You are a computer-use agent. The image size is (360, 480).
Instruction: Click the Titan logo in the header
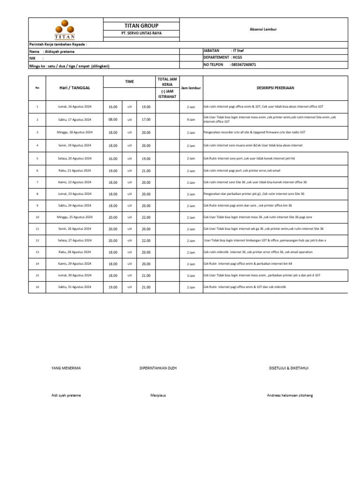pyautogui.click(x=65, y=29)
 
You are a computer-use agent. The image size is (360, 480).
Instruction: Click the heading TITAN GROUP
pyautogui.click(x=141, y=25)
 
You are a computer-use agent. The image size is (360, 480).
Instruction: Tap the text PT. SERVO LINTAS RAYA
pyautogui.click(x=141, y=34)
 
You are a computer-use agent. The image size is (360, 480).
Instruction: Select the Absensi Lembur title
pyautogui.click(x=263, y=29)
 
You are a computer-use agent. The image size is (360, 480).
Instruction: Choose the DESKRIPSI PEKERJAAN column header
pyautogui.click(x=275, y=88)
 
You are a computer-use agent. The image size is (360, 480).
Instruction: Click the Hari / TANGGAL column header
pyautogui.click(x=75, y=88)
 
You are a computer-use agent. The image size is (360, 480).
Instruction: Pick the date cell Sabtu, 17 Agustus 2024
pyautogui.click(x=75, y=119)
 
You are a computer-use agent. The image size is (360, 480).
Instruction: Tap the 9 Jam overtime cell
pyautogui.click(x=191, y=120)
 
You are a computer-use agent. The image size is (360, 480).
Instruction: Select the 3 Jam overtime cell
pyautogui.click(x=191, y=276)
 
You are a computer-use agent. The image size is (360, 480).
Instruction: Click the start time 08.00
pyautogui.click(x=113, y=119)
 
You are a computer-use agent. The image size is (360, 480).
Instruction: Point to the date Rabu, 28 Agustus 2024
pyautogui.click(x=75, y=252)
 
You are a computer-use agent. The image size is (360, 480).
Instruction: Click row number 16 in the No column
pyautogui.click(x=37, y=286)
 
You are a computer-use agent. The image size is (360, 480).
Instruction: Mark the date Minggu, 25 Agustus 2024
pyautogui.click(x=75, y=217)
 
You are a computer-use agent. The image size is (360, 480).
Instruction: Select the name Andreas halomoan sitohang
pyautogui.click(x=290, y=395)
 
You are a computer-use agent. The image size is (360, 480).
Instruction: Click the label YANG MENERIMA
pyautogui.click(x=66, y=368)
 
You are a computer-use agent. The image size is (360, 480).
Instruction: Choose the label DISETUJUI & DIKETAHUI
pyautogui.click(x=288, y=368)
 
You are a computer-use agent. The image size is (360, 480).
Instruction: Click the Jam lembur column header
pyautogui.click(x=191, y=88)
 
